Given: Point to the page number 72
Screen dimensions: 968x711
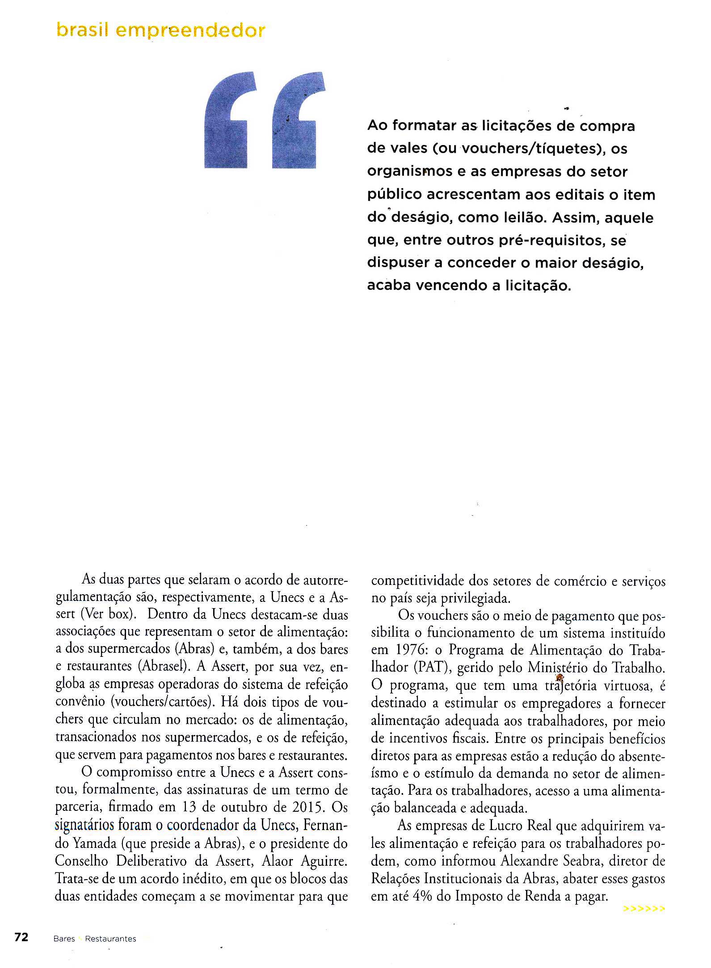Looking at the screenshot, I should pos(21,937).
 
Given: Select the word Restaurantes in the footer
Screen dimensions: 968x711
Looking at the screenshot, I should pos(110,939).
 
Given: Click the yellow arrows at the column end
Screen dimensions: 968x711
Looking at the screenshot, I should pos(644,908).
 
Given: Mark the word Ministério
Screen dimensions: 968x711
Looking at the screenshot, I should pos(560,668).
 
